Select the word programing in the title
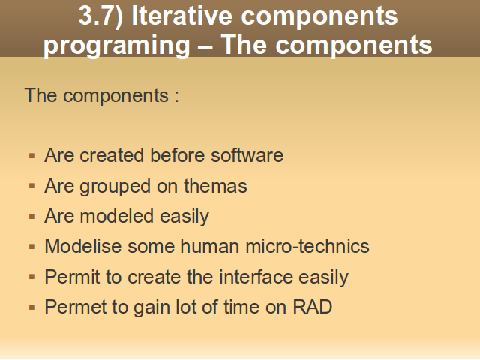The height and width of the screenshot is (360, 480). (117, 46)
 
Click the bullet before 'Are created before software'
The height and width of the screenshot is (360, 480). (31, 156)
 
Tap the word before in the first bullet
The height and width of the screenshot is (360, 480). (177, 155)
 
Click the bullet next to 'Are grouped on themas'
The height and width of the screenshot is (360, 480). (31, 186)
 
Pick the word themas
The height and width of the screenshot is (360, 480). (215, 186)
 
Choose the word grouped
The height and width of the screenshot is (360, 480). (115, 187)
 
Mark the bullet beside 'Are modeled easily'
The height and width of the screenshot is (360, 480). (31, 217)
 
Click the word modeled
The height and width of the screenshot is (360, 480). (117, 216)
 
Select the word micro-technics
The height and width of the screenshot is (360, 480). (307, 246)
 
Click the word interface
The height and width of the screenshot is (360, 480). (256, 277)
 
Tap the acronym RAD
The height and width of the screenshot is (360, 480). (313, 307)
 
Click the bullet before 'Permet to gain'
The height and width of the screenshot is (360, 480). (31, 307)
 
